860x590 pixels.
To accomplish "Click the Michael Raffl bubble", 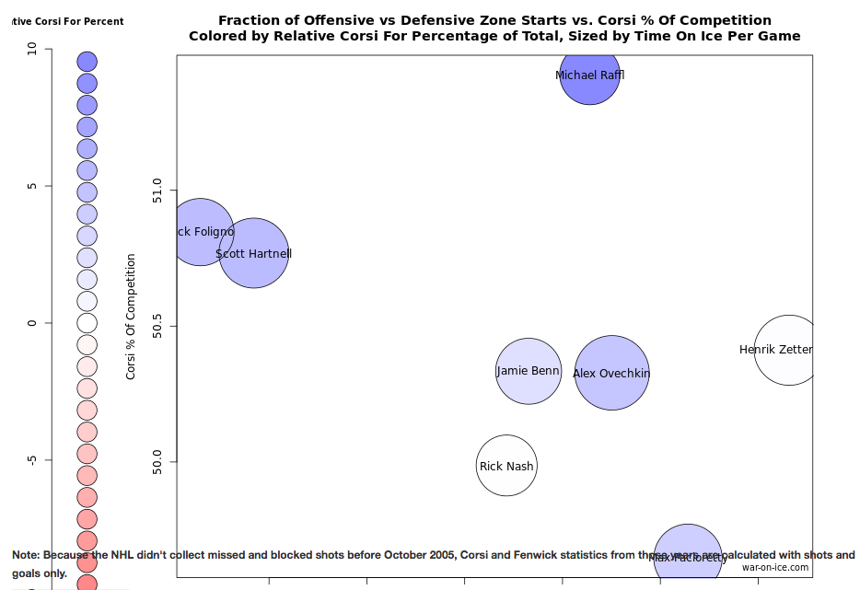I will tap(589, 75).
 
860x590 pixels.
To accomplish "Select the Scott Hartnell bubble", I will tap(254, 253).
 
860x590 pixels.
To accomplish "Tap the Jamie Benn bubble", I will tap(529, 371).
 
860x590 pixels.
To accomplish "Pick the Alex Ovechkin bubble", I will tap(612, 373).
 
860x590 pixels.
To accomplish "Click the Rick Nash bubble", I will tap(506, 466).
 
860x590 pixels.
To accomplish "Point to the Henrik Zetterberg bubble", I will tap(787, 350).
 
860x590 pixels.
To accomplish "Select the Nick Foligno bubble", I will tap(201, 232).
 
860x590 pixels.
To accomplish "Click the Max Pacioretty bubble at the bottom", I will tap(688, 557).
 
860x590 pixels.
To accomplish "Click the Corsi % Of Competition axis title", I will tap(131, 317).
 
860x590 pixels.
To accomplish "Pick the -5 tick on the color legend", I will tap(33, 459).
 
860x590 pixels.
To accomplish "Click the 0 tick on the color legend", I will tap(33, 323).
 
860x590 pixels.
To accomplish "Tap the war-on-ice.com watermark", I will tap(775, 568).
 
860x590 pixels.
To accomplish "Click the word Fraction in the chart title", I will tap(248, 20).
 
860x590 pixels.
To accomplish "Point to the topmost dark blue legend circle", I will tap(87, 62).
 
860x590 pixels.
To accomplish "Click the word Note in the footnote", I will tap(26, 556).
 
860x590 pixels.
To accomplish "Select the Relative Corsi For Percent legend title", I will tap(64, 21).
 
